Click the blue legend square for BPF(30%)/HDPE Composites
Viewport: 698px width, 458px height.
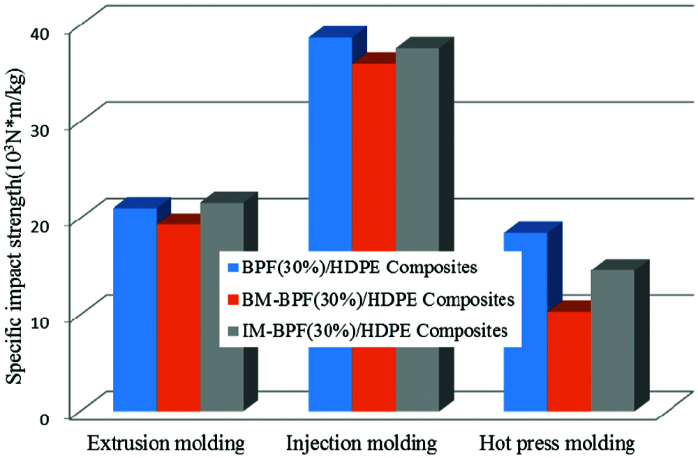[x=233, y=267]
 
